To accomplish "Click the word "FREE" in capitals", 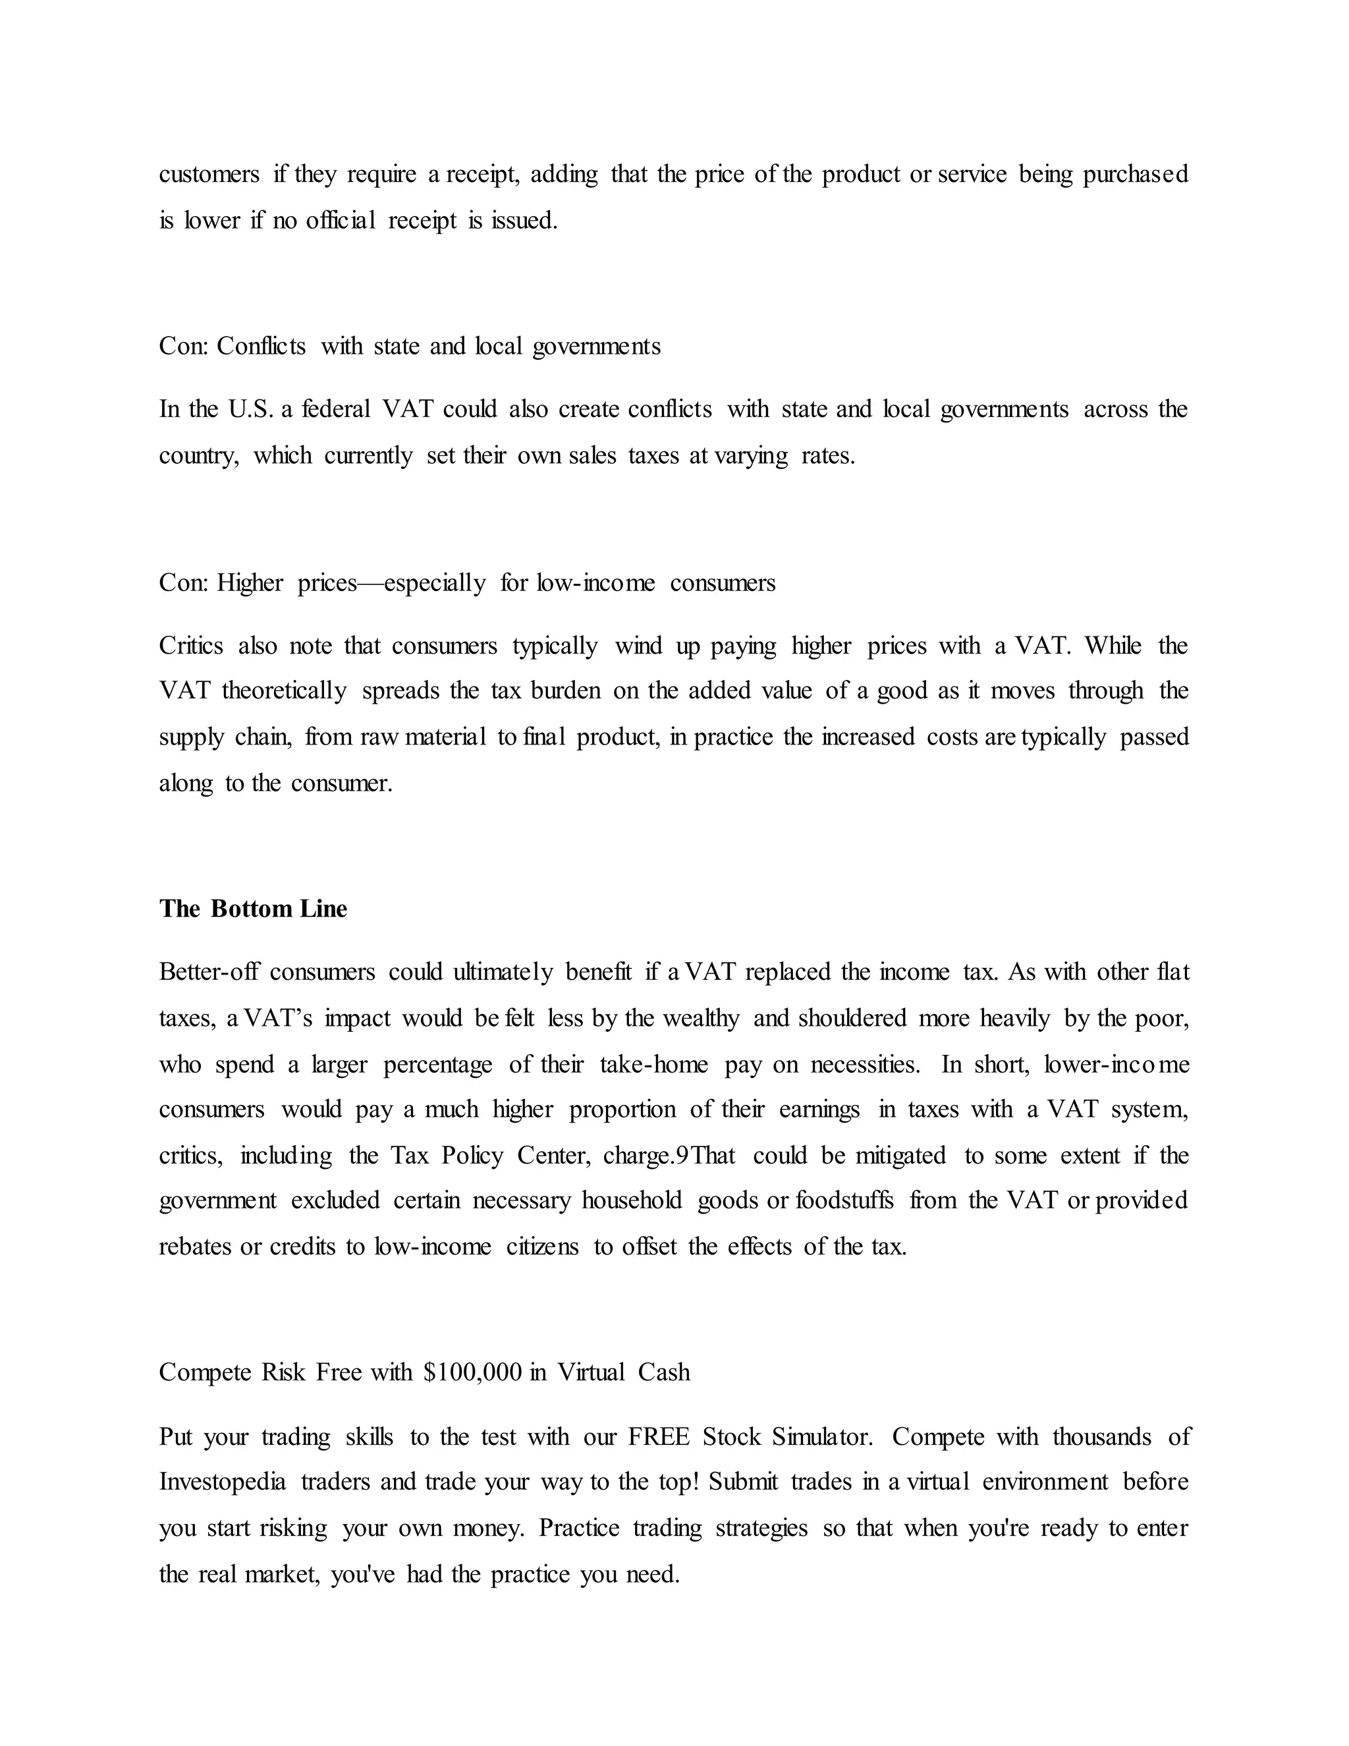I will pos(658,1436).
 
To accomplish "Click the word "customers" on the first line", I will pos(209,175).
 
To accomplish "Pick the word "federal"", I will pos(336,409).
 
